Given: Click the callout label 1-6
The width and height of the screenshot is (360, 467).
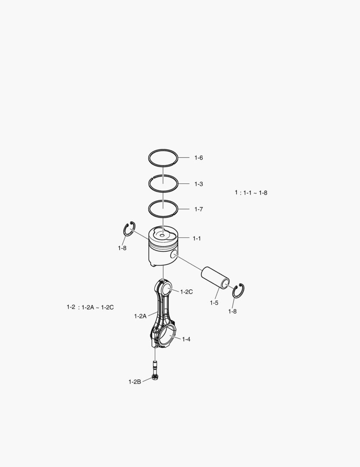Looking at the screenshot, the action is coord(199,157).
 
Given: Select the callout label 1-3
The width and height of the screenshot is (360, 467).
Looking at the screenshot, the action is coord(199,184).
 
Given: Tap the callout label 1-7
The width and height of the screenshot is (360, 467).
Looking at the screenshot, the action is coord(199,209).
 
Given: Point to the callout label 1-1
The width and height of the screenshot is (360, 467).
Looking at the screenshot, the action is coord(197,238).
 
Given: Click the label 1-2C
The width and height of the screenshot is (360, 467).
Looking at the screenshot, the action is coord(186,292).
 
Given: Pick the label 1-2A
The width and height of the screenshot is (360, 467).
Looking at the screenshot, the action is coord(140,316).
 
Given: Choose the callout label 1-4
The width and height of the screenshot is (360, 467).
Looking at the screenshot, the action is coord(186,339).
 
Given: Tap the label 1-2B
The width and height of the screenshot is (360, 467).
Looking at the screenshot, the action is coord(134,382).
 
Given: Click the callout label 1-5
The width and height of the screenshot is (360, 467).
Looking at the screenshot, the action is coord(214,303).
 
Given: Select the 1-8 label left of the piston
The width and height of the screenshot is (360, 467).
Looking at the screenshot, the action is coord(122,248).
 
